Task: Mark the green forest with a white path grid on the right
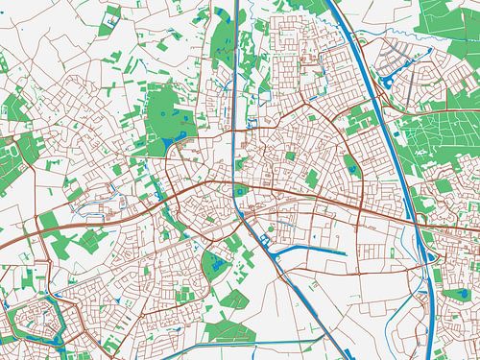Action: coord(437,144)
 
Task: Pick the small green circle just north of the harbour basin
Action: coord(272,228)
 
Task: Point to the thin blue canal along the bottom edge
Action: coord(144,353)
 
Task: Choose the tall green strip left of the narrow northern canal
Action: coord(221,48)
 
